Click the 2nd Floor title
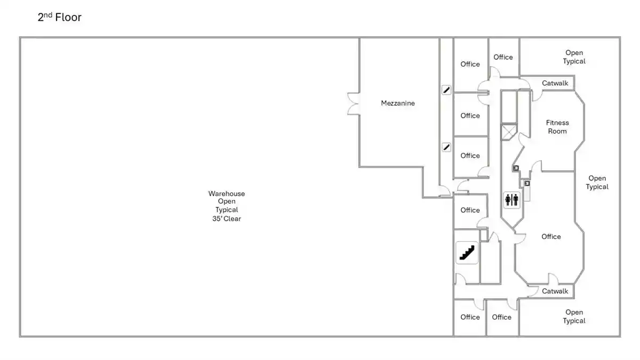click(x=59, y=18)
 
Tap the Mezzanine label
click(x=397, y=103)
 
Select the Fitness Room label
click(x=557, y=127)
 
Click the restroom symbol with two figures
click(x=511, y=200)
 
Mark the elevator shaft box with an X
click(x=509, y=131)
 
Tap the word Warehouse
click(x=227, y=194)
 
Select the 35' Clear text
click(x=227, y=219)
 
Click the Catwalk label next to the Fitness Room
click(x=555, y=83)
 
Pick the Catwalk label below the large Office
click(x=555, y=291)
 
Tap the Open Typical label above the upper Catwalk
click(x=574, y=57)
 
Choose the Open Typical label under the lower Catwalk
click(x=574, y=316)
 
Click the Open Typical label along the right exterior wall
click(x=597, y=182)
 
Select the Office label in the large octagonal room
click(x=551, y=237)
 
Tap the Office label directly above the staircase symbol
click(x=470, y=210)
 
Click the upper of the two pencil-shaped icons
click(x=446, y=90)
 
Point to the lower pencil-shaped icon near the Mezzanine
click(x=446, y=147)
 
